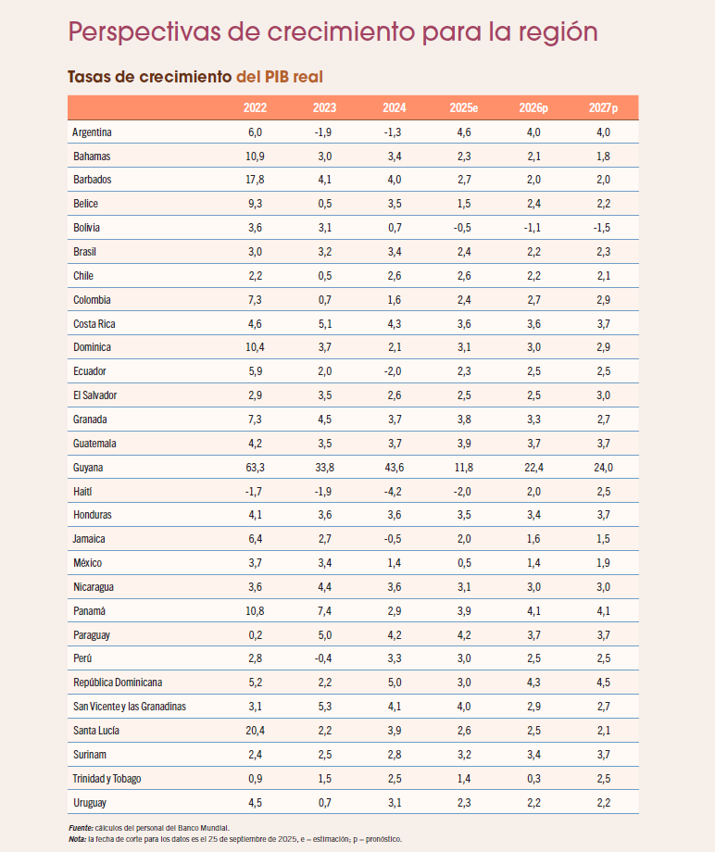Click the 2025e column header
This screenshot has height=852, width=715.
tap(463, 107)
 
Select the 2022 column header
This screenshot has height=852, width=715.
tap(255, 107)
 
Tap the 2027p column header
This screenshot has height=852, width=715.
tap(603, 107)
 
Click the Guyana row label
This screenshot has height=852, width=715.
tap(88, 468)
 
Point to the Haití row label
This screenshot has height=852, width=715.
tap(82, 491)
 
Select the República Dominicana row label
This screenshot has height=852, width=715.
tap(118, 682)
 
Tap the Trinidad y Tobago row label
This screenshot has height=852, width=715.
tap(107, 778)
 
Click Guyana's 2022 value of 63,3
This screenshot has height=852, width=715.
tap(255, 468)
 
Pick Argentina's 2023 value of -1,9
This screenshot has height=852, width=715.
tap(324, 132)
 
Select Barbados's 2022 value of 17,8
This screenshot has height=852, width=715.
tap(255, 180)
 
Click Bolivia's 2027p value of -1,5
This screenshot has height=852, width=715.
tap(602, 228)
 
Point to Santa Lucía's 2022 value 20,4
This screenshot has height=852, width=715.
tap(255, 731)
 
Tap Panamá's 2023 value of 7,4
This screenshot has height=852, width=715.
tap(325, 610)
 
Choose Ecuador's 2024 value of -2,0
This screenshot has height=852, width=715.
tap(394, 371)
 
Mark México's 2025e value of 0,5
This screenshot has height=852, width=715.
tap(464, 563)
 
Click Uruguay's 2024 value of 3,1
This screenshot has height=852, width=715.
tap(395, 803)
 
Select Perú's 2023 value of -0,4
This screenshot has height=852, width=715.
tap(324, 658)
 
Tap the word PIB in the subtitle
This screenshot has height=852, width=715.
tap(277, 77)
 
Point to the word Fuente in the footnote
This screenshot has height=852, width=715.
tap(81, 828)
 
